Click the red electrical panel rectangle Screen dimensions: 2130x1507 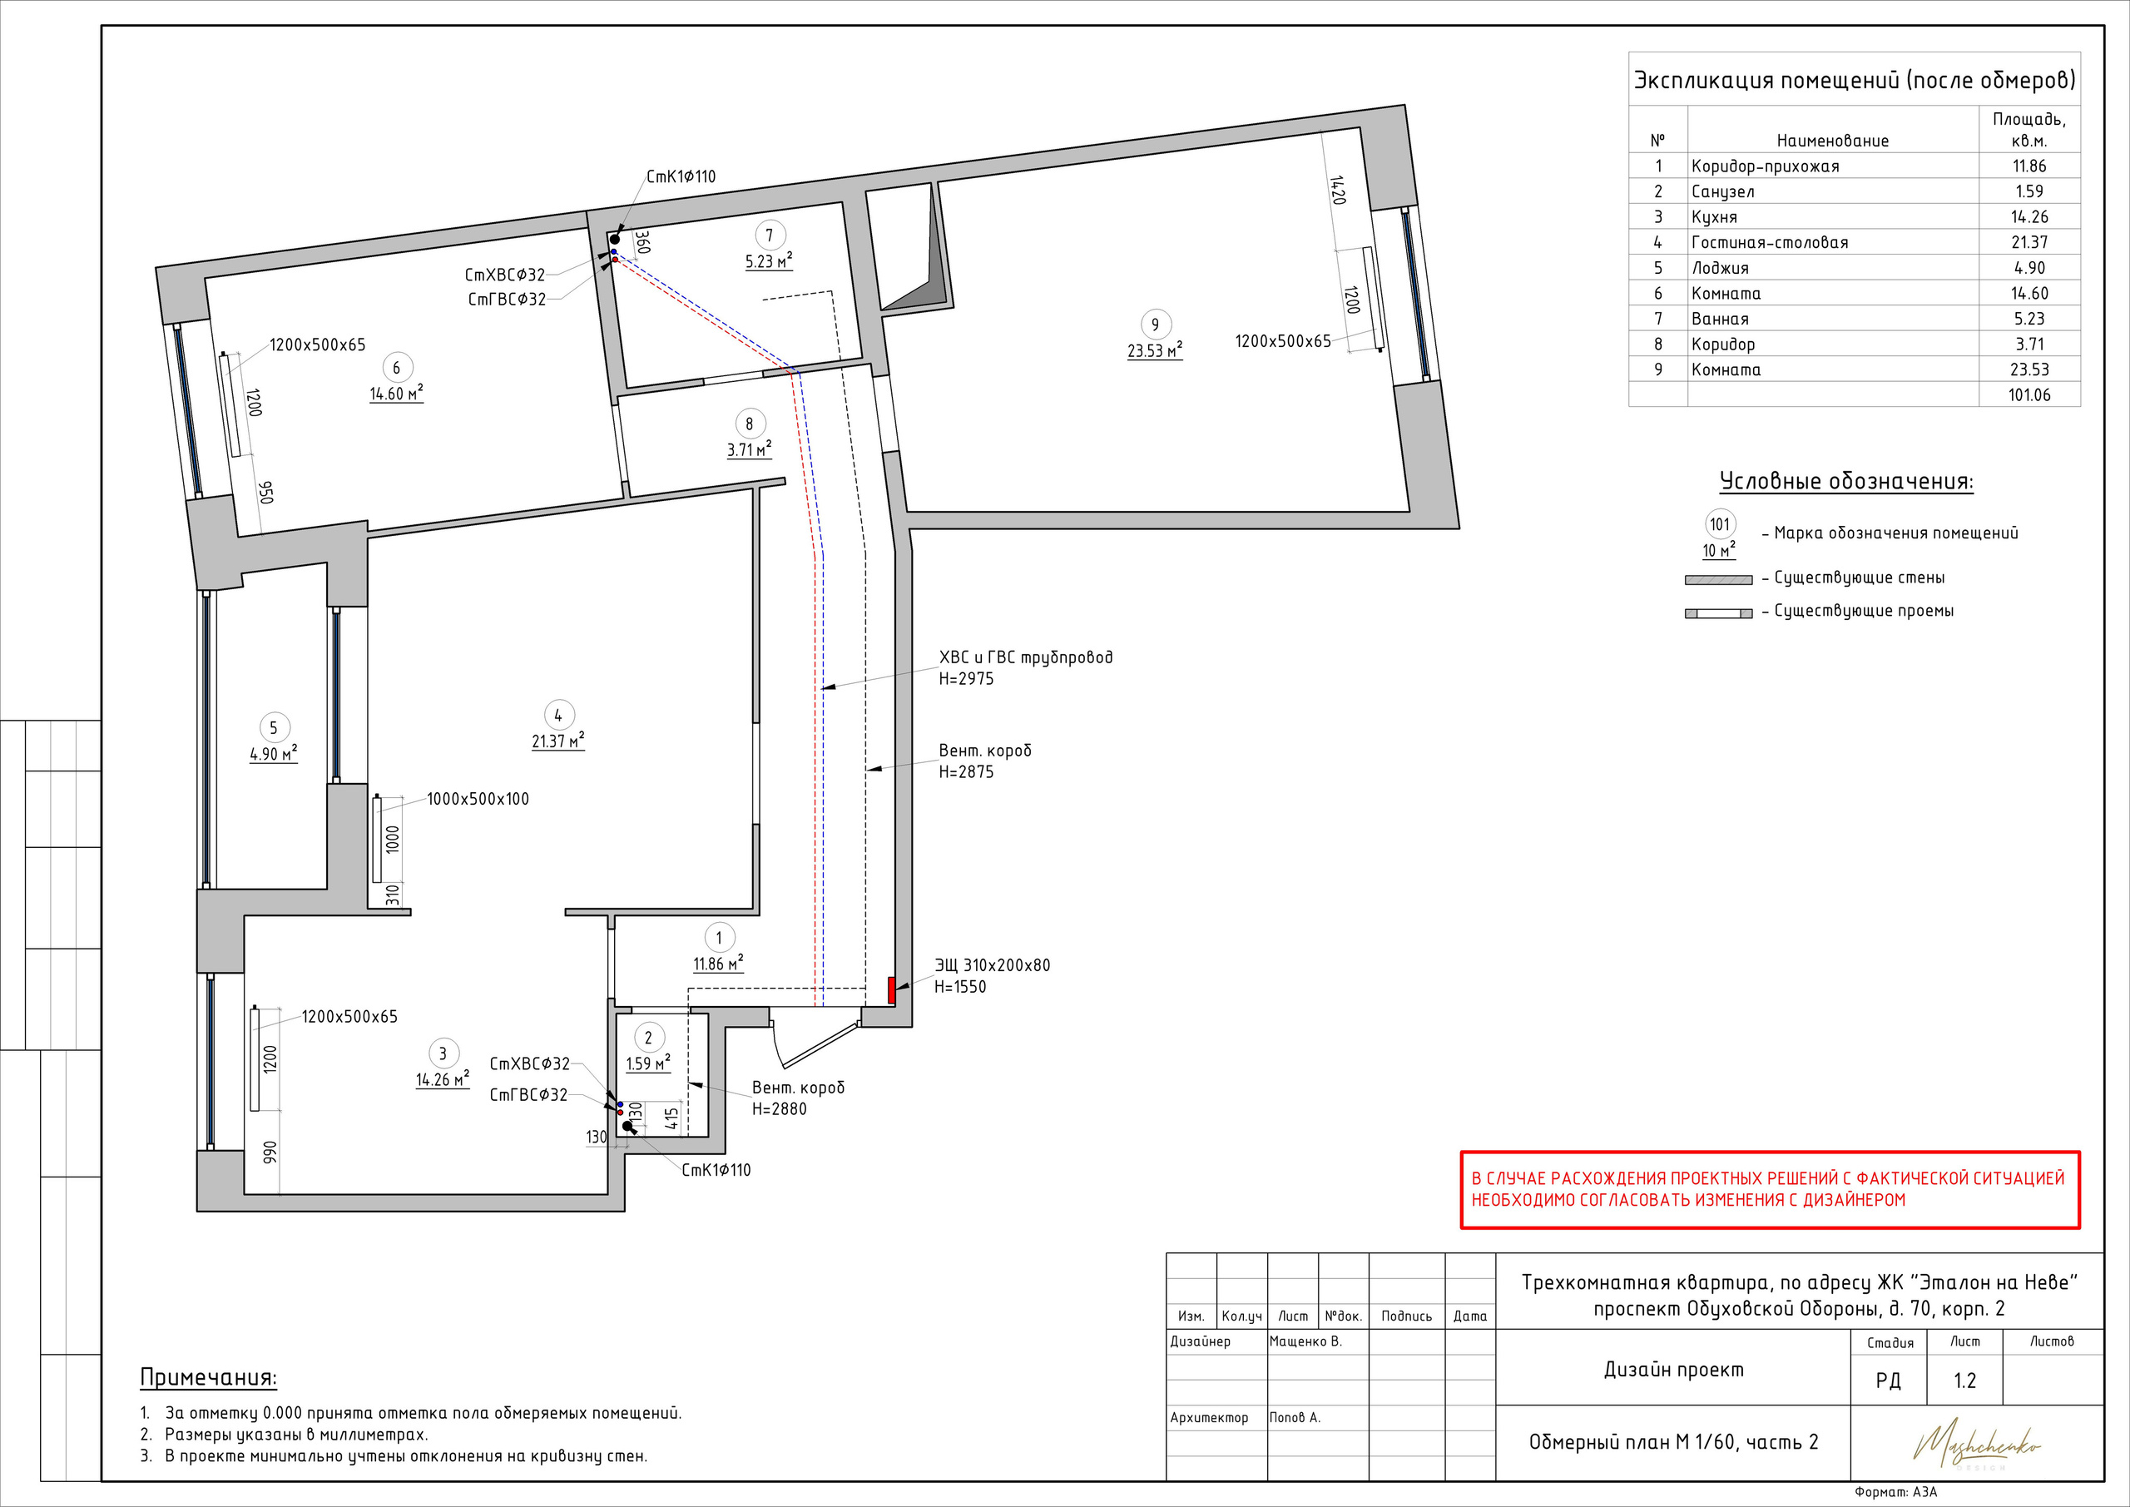tap(891, 990)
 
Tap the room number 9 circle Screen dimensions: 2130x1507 tap(1155, 325)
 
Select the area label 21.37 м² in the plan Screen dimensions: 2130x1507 tap(557, 741)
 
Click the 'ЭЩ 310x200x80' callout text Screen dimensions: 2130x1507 tap(993, 965)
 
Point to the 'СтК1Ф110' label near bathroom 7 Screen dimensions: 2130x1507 tap(681, 176)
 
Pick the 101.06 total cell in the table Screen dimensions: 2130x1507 tap(2030, 395)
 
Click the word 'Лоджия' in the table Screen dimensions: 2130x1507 tap(1720, 268)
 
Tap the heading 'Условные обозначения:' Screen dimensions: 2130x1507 tap(1846, 482)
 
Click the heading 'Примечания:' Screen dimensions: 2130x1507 tap(209, 1377)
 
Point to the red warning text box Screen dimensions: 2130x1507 tap(1770, 1190)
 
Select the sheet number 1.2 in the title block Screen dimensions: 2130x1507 tap(1965, 1381)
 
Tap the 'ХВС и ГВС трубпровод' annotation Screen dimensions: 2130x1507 tap(1026, 658)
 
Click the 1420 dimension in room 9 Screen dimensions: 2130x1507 tap(1337, 191)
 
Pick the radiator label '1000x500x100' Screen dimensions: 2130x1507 tap(478, 799)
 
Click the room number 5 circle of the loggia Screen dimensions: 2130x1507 tap(274, 728)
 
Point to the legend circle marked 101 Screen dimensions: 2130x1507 tap(1720, 524)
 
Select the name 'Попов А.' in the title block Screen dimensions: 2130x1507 tap(1295, 1418)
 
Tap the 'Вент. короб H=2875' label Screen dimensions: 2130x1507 tap(984, 761)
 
